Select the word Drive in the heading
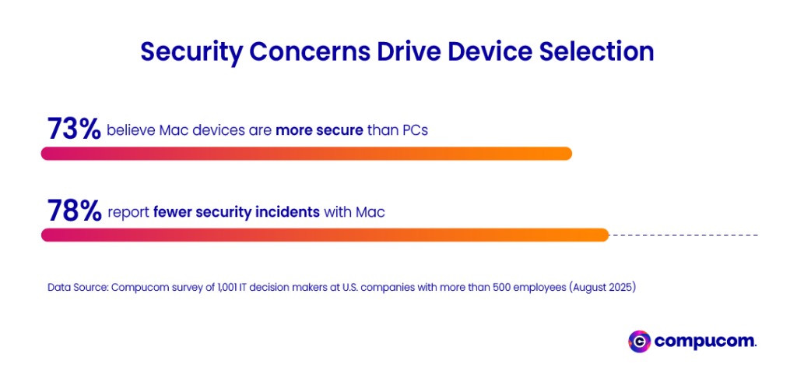coord(411,51)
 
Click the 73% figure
coord(74,129)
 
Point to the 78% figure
coord(74,211)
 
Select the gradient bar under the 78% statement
coord(324,235)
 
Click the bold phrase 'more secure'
coord(319,129)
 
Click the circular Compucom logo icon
coord(639,341)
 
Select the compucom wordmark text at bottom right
coord(705,341)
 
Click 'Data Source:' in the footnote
coord(78,288)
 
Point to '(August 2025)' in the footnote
coord(602,288)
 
